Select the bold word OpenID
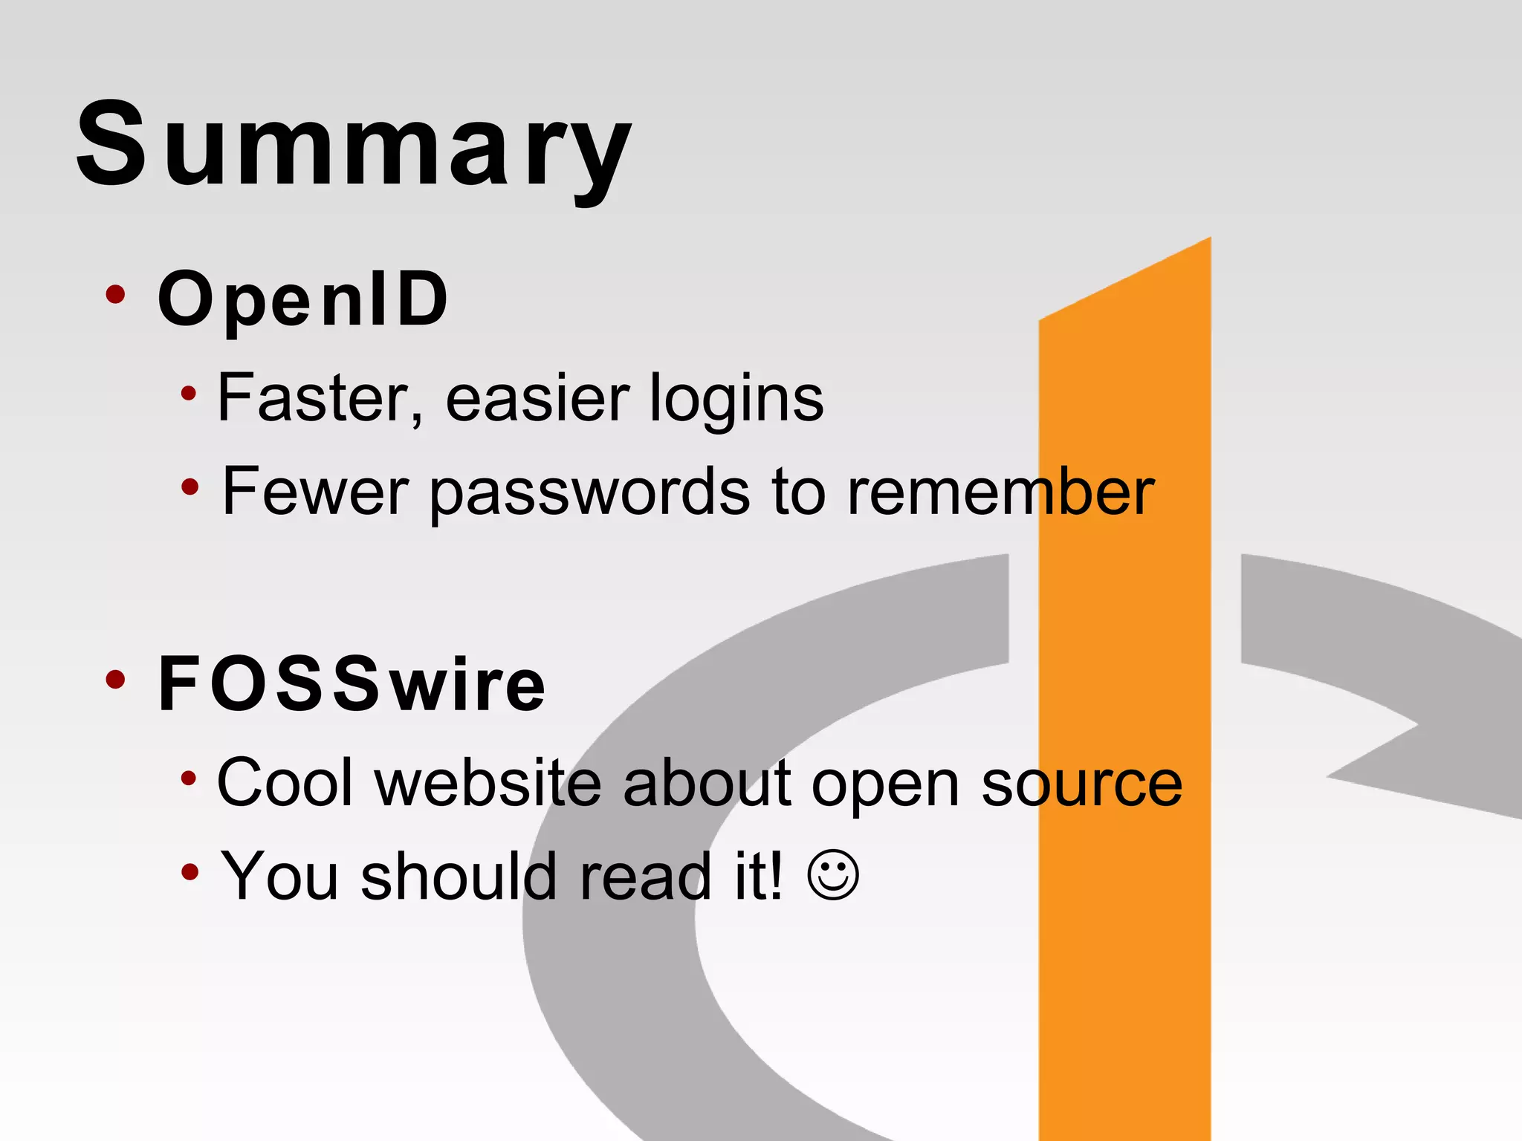tap(303, 299)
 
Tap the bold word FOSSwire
tap(352, 684)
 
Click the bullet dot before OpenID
tap(115, 295)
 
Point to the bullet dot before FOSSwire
tap(115, 679)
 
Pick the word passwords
tap(590, 493)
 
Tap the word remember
tap(1000, 492)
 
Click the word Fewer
tap(315, 492)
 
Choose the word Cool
tap(285, 783)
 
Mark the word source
tap(1081, 784)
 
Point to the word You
tap(279, 877)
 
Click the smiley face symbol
tap(833, 876)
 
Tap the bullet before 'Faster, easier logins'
tap(189, 394)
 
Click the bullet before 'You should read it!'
tap(190, 871)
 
